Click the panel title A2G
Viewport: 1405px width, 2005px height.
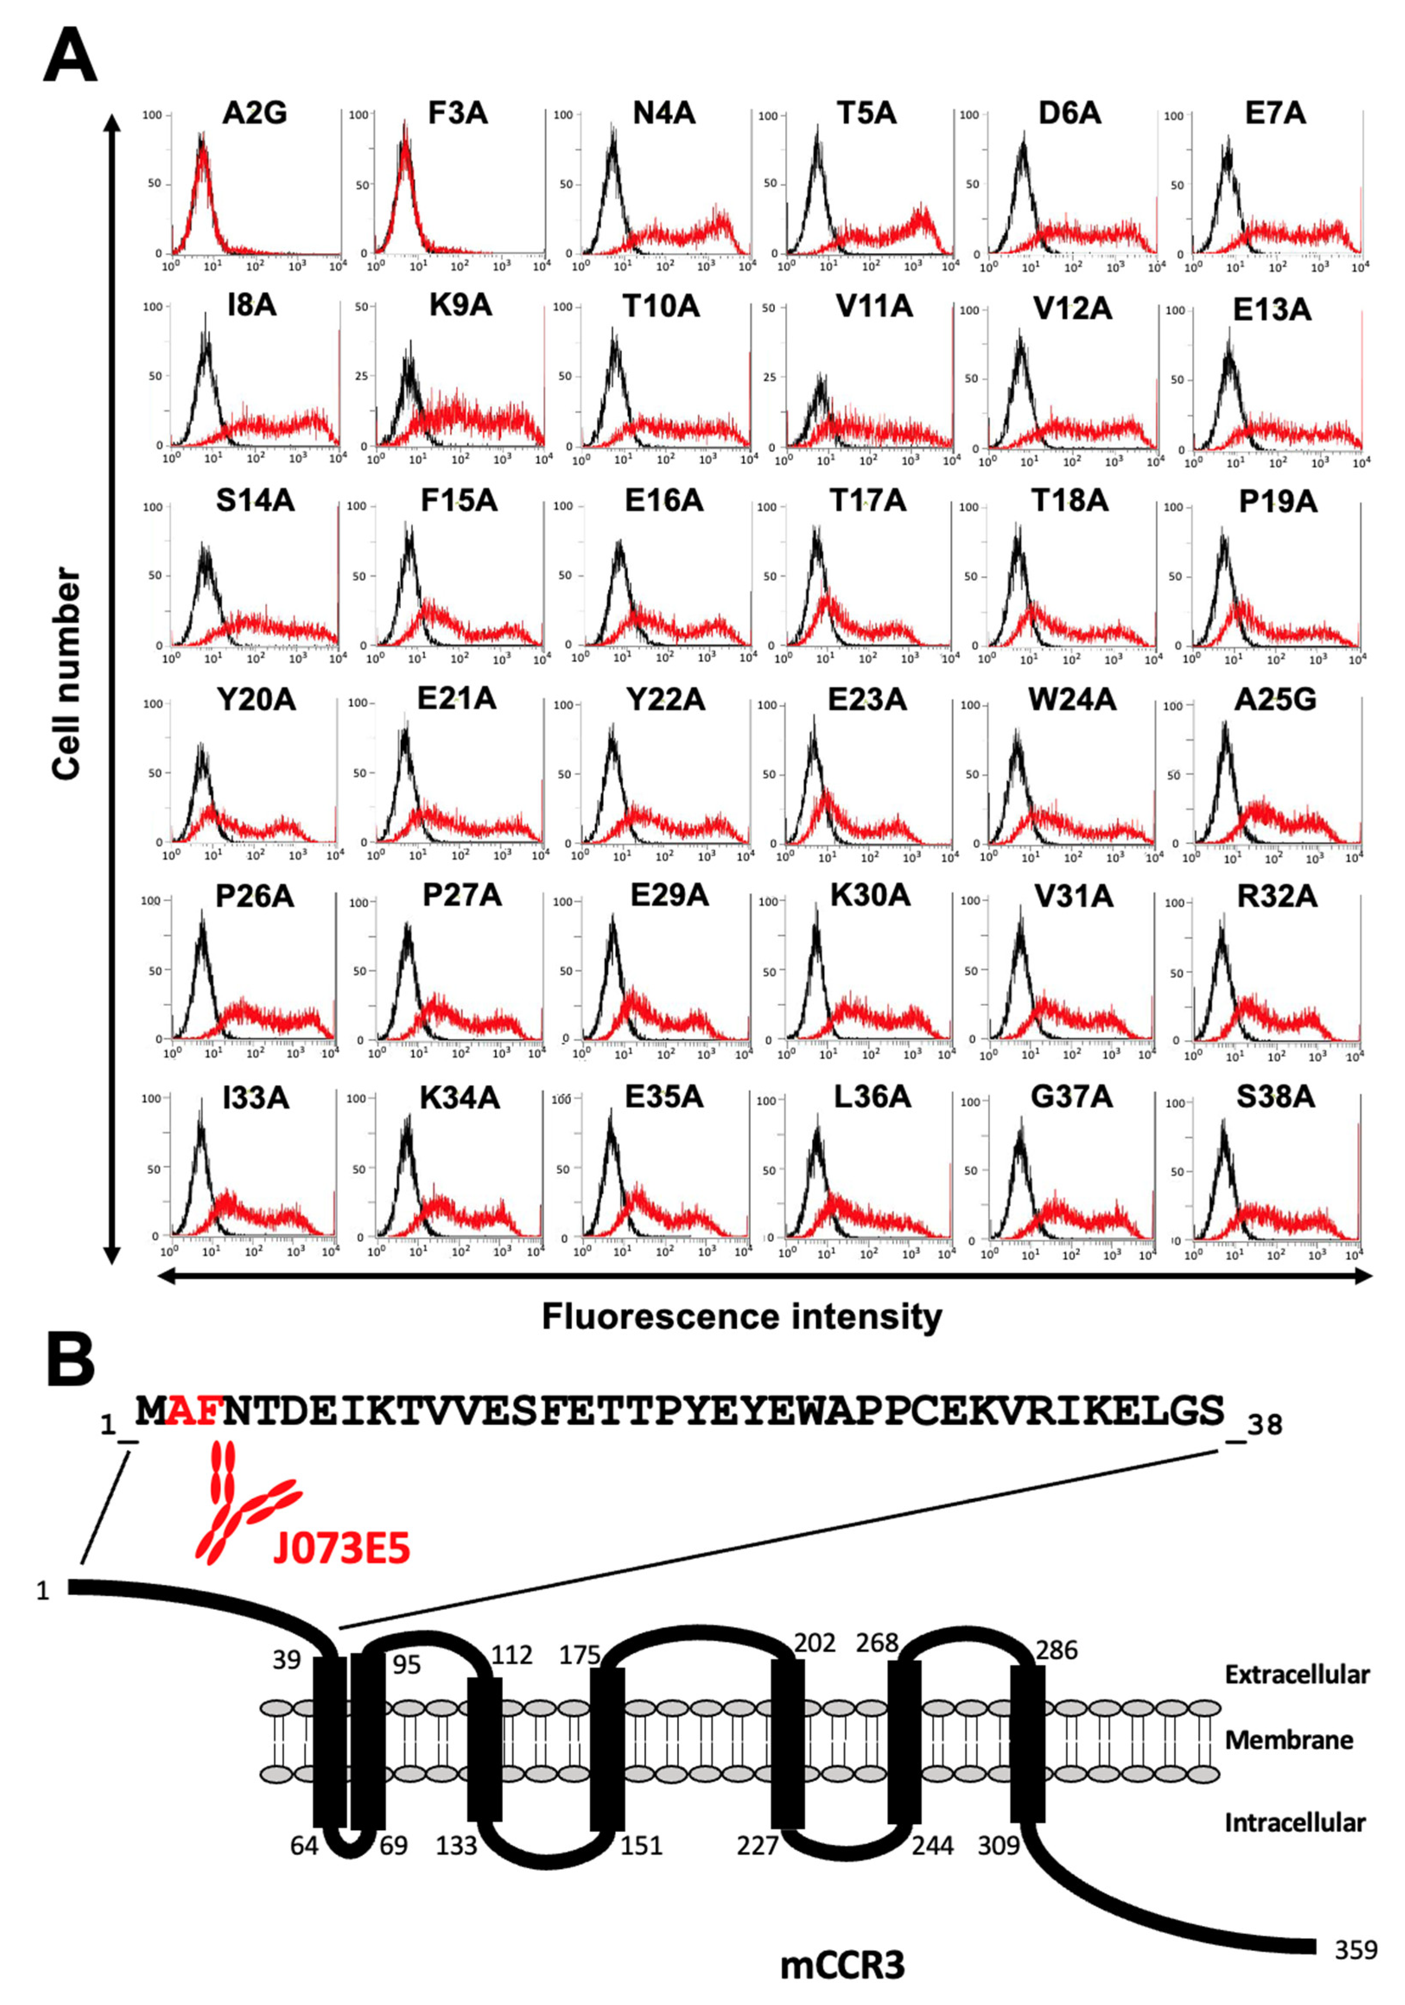[x=254, y=114]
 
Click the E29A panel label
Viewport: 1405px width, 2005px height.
[x=668, y=897]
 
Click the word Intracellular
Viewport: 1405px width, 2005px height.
[x=1294, y=1822]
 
